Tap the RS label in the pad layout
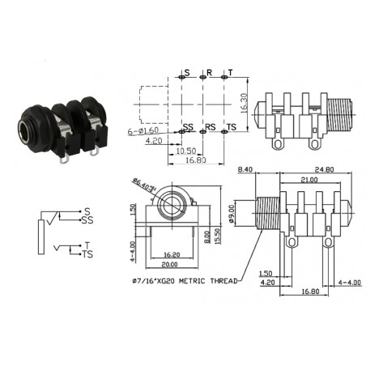[x=210, y=128]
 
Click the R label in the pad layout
[x=209, y=73]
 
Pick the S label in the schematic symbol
[x=87, y=211]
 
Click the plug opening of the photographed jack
[x=32, y=129]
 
